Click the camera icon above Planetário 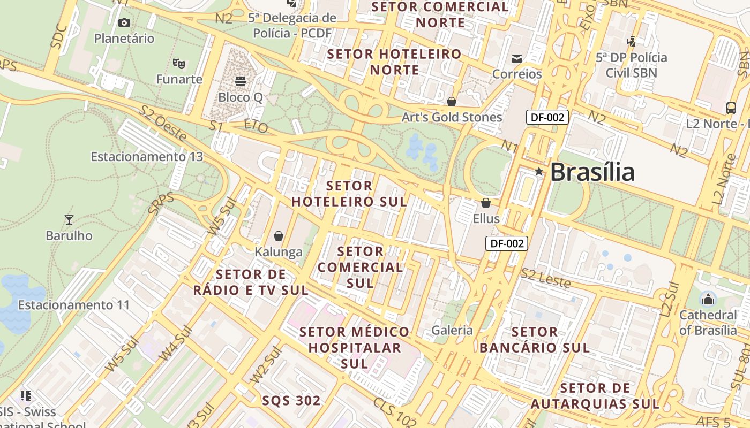coord(124,22)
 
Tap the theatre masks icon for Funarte coord(179,63)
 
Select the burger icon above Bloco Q coord(241,81)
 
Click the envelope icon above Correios coord(517,58)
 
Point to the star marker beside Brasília coord(539,172)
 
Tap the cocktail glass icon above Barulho coord(69,219)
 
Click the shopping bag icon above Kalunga coord(279,235)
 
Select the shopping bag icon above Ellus coord(486,203)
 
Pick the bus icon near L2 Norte coord(731,108)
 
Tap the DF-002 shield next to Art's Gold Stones coord(547,117)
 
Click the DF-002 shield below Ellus coord(507,243)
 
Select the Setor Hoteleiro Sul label coord(349,194)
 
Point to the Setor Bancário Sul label coord(534,340)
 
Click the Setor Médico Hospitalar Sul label coord(355,348)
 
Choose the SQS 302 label coord(291,401)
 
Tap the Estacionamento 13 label coord(147,157)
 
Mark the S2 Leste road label coord(546,278)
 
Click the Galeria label coord(452,330)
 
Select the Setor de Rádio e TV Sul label coord(251,282)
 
